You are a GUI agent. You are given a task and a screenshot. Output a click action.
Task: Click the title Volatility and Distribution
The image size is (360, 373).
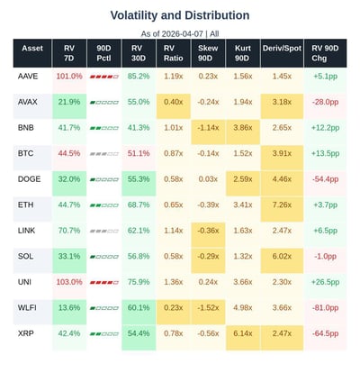180,15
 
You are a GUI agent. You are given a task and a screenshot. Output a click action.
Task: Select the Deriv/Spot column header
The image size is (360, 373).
282,53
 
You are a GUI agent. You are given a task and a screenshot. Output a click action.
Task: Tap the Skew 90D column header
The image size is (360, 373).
208,53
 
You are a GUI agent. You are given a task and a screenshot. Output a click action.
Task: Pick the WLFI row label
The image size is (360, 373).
27,308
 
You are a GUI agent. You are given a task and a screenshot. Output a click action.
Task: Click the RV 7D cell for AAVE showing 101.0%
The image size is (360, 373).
68,77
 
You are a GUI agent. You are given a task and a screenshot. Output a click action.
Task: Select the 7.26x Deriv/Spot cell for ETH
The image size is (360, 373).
282,205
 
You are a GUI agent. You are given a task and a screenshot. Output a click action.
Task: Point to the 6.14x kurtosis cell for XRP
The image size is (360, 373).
242,334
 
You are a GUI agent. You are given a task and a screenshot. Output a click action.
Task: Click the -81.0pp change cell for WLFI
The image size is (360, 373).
326,308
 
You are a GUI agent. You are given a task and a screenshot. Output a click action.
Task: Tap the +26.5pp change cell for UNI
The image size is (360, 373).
326,283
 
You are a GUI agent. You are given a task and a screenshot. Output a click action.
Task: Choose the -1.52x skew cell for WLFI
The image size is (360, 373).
208,308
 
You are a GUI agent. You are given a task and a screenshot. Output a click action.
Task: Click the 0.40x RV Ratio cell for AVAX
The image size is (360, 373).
174,103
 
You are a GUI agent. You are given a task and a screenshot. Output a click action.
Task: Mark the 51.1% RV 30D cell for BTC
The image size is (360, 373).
139,154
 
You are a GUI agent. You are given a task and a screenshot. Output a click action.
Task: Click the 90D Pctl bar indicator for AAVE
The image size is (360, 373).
103,77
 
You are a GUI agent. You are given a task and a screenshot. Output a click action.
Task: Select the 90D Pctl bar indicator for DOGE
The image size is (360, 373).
103,180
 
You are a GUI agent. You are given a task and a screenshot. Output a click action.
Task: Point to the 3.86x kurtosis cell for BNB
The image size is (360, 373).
242,128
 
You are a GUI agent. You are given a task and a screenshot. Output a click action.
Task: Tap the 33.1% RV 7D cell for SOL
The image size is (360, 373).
68,257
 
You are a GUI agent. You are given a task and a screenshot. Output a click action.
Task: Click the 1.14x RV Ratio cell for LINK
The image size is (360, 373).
174,232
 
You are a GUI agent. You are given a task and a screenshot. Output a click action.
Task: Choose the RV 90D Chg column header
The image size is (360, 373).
326,53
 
